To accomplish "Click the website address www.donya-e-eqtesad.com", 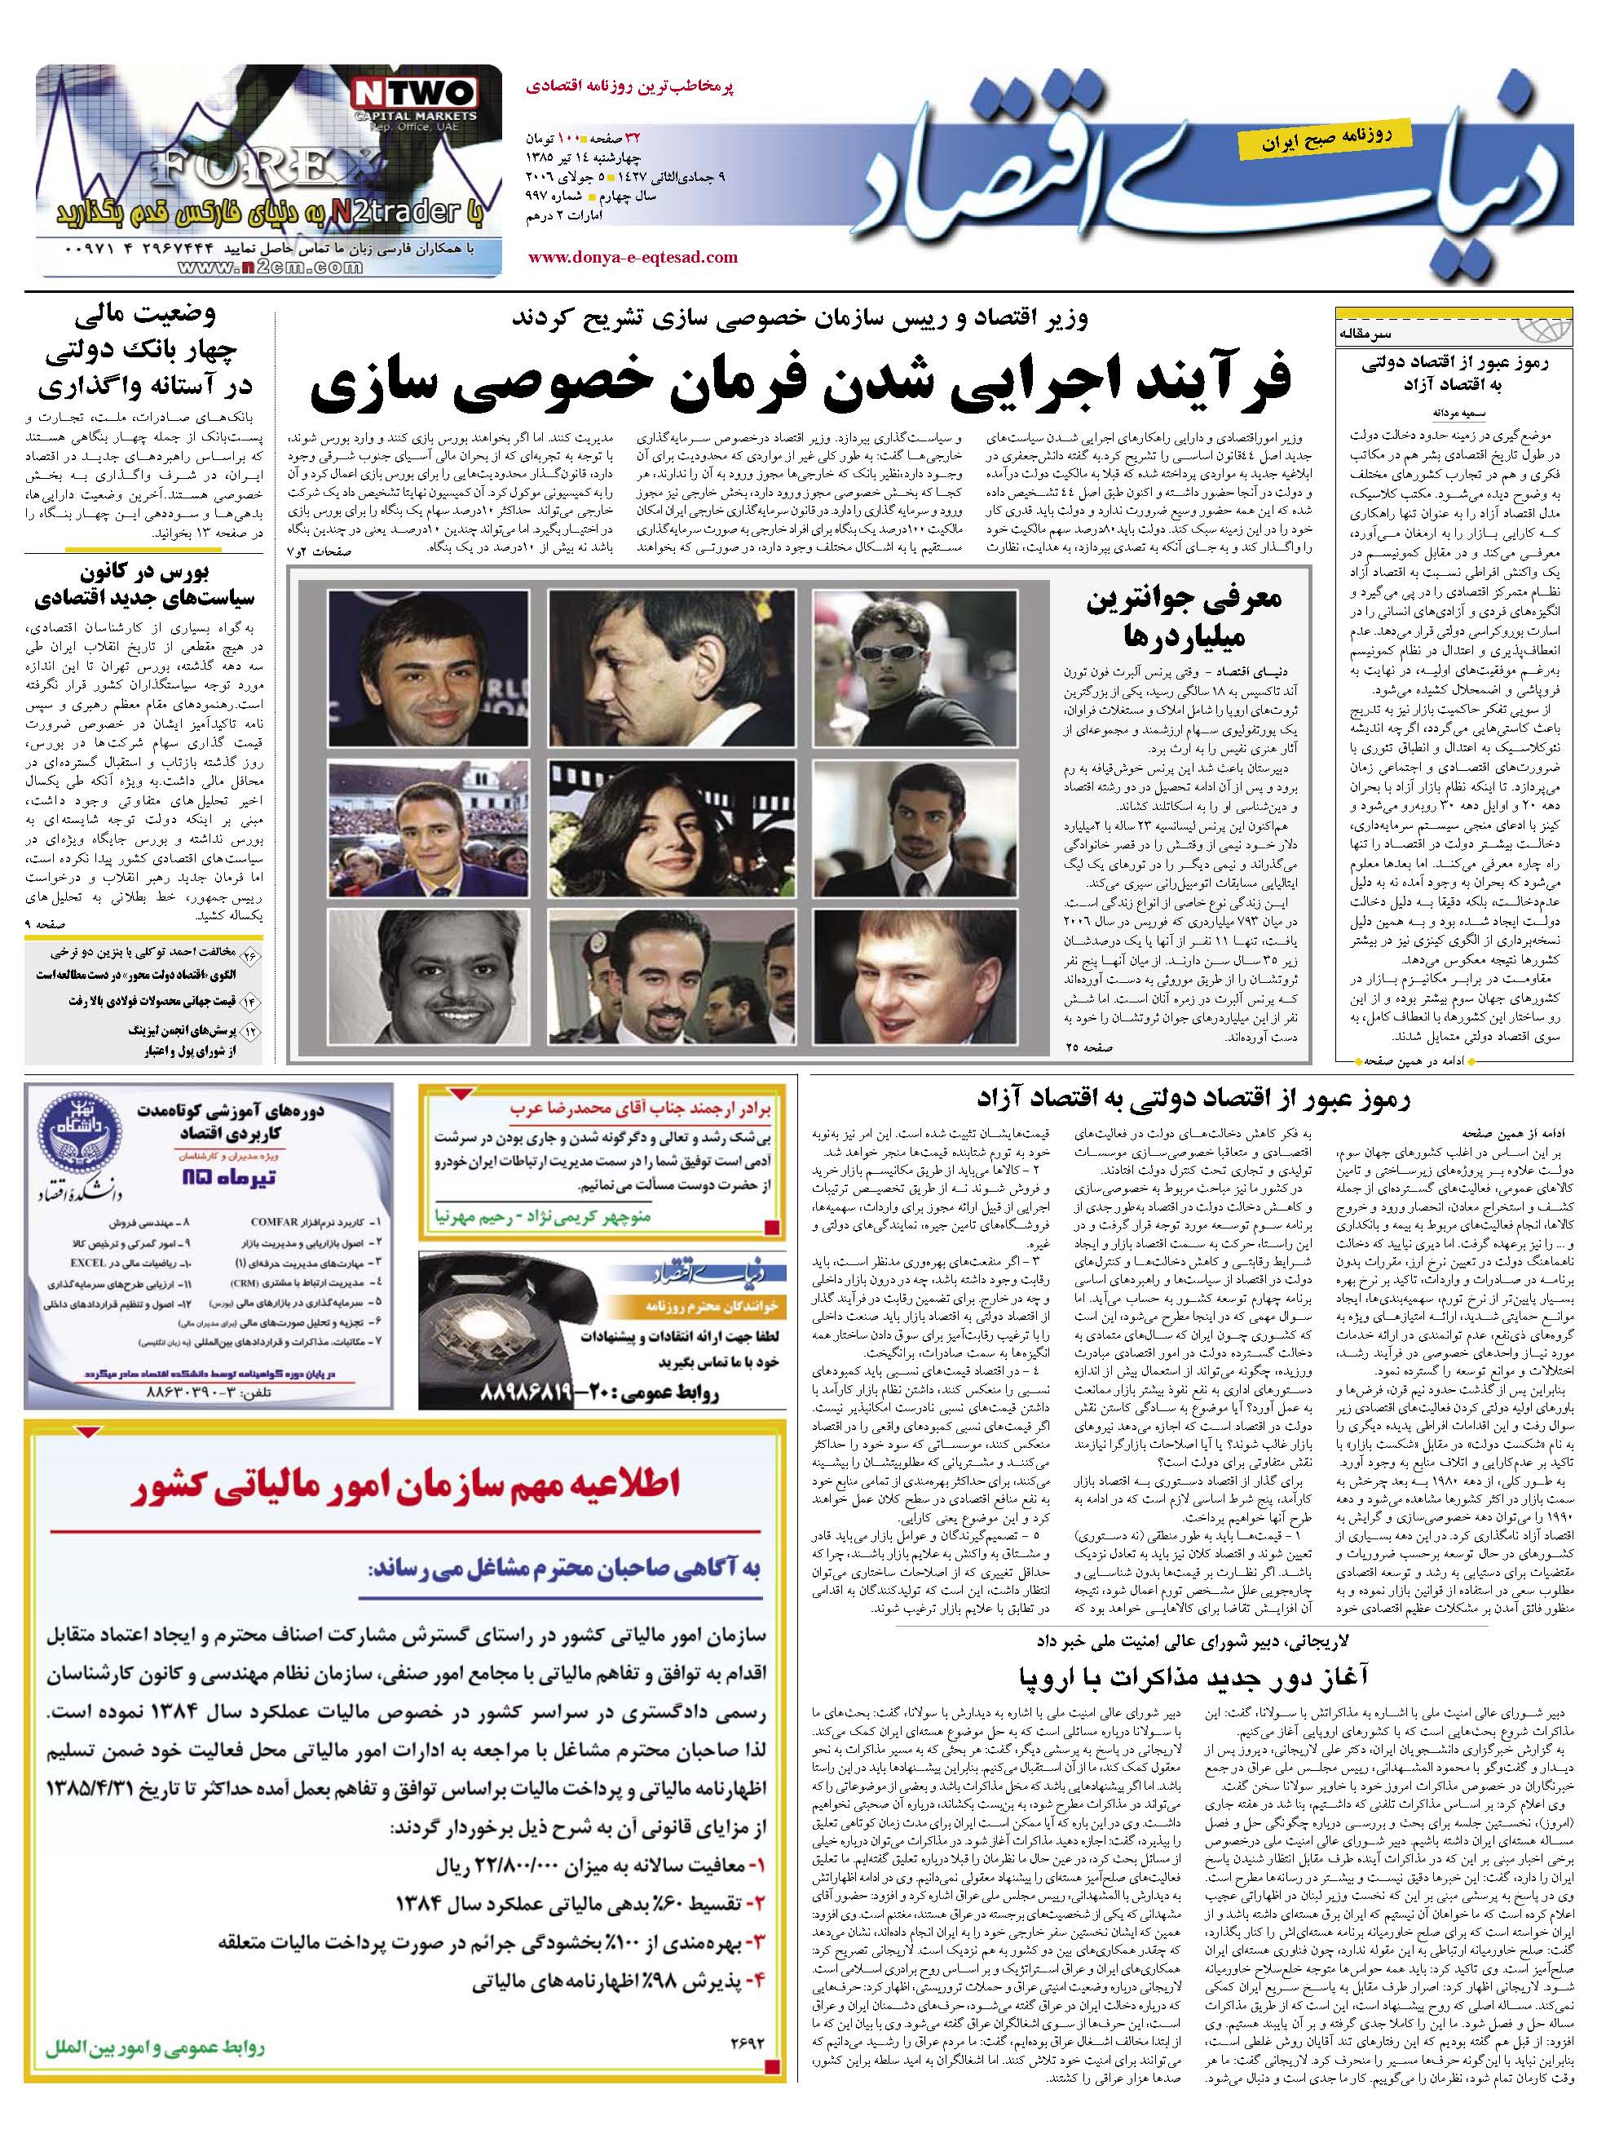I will pos(633,257).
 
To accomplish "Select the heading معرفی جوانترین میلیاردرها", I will pos(1185,617).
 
